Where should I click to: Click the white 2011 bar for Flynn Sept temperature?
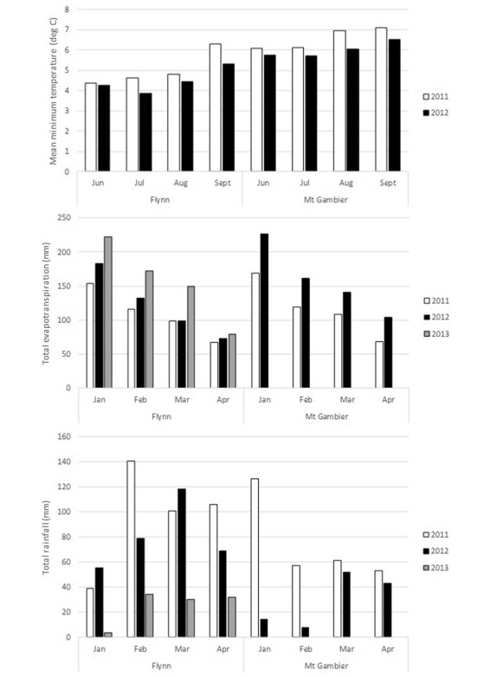216,107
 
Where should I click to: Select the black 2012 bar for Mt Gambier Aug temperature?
352,110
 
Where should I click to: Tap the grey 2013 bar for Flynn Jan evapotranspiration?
108,313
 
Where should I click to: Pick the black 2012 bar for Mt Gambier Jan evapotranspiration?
264,311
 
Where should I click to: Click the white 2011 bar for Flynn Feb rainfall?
131,549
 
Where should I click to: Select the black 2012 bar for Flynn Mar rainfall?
182,563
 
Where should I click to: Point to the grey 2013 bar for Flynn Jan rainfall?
108,635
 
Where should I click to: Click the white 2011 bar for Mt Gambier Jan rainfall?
255,558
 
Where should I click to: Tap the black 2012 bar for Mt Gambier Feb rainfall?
306,632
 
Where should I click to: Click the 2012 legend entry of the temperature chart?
435,113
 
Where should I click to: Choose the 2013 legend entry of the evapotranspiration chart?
436,334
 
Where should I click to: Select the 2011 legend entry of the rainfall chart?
435,534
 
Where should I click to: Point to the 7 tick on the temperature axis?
67,29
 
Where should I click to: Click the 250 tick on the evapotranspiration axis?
64,217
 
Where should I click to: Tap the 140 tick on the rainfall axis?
64,461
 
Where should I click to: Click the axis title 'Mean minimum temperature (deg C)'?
53,91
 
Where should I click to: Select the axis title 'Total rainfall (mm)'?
46,538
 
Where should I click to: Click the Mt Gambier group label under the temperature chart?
326,199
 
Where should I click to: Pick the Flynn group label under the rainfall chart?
161,666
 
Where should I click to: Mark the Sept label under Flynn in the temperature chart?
222,183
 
